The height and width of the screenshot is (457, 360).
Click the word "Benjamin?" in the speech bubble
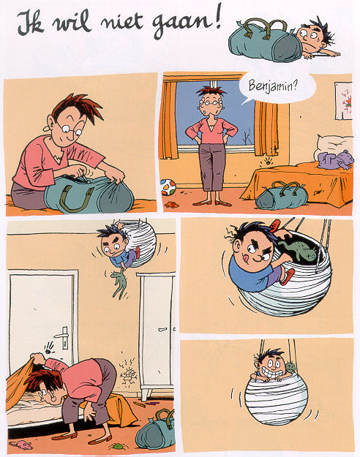(x=273, y=86)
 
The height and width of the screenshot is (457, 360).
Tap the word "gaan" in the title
(x=181, y=25)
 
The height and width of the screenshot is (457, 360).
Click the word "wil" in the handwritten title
(x=72, y=22)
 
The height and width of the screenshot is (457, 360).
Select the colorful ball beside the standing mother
(x=168, y=187)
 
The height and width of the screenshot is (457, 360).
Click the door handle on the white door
(x=63, y=336)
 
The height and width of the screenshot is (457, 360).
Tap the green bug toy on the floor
(x=118, y=446)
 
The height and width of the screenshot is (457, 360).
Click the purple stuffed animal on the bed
(x=336, y=159)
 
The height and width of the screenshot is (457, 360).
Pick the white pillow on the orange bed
(x=333, y=145)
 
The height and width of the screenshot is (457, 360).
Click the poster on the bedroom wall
(x=343, y=101)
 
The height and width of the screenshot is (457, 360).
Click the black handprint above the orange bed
(x=268, y=161)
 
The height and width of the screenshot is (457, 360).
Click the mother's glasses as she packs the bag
(x=70, y=129)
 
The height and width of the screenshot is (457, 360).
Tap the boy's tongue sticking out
(x=247, y=258)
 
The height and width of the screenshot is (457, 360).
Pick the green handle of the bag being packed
(x=77, y=199)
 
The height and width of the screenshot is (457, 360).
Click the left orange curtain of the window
(x=169, y=119)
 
